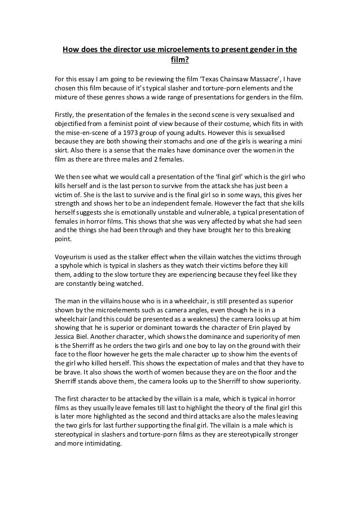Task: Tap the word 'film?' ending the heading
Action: click(179, 58)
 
